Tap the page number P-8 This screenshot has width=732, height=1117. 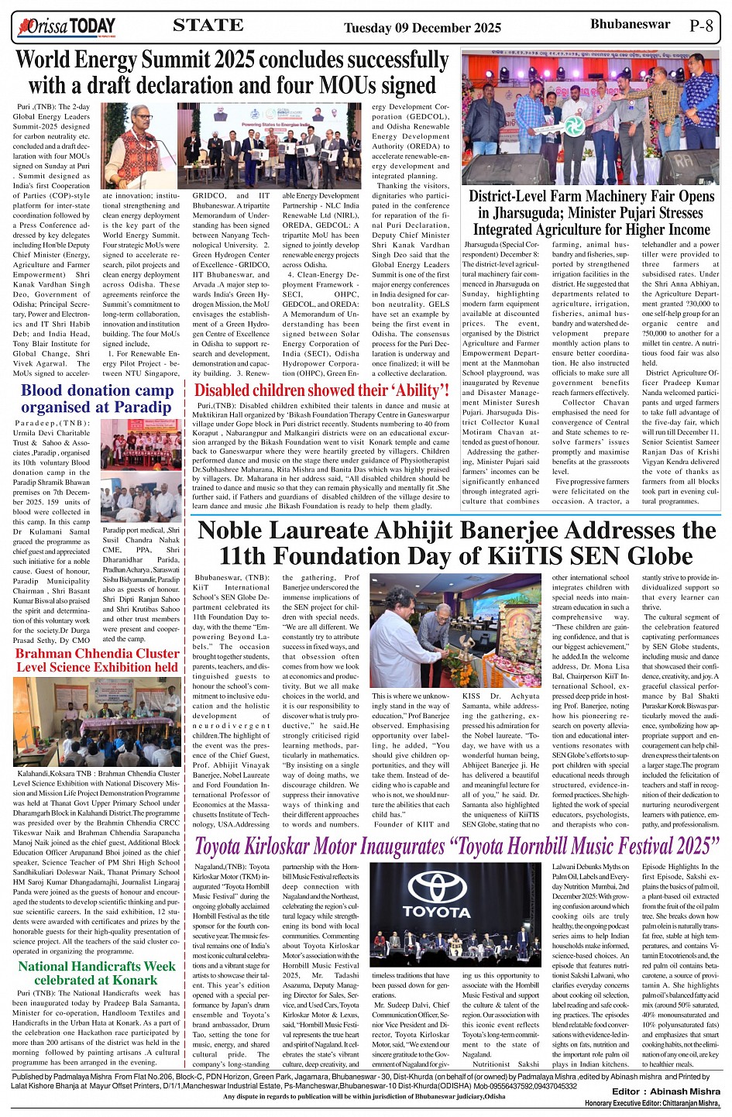coord(701,26)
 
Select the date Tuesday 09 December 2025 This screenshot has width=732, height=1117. coord(422,28)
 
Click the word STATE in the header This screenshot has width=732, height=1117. coord(208,26)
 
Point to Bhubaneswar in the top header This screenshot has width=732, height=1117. coord(630,24)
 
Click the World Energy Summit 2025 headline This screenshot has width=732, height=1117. coord(232,72)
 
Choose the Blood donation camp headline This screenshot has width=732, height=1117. coord(97,399)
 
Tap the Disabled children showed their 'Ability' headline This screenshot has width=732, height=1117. coord(321,390)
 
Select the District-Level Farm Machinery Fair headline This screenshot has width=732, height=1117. coord(591,213)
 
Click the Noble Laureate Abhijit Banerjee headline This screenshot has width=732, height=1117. coord(457,543)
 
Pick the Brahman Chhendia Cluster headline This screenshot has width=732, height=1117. coord(98,660)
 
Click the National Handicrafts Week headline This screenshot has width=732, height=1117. coord(97,973)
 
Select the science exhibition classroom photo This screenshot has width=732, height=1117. coord(97,720)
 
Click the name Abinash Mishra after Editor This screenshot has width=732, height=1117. coord(685,1091)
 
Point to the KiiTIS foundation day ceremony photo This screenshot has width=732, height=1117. coord(455,631)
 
